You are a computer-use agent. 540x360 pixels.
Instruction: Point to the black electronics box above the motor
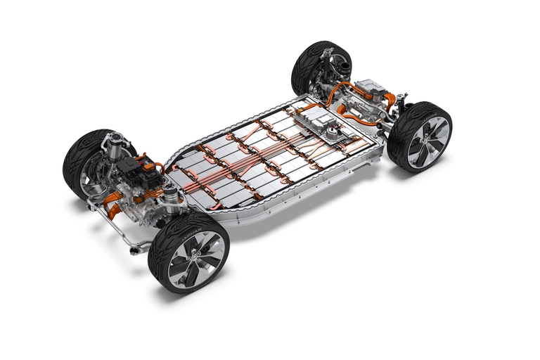(131, 166)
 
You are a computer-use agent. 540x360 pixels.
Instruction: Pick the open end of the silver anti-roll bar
(133, 248)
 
